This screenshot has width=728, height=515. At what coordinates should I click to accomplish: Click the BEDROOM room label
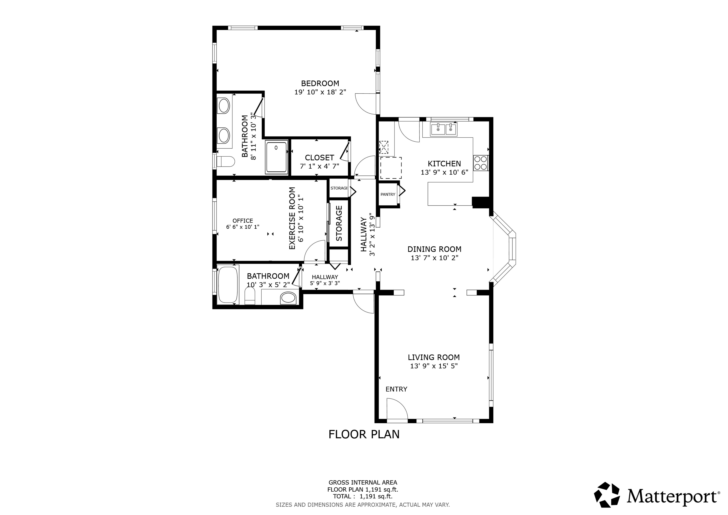[320, 83]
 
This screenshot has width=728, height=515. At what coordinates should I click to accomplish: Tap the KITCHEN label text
[444, 164]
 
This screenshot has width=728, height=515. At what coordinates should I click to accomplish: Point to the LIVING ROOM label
[434, 357]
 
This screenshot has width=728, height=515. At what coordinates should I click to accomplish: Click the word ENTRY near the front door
[396, 389]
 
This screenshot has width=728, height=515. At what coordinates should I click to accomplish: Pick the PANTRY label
[388, 194]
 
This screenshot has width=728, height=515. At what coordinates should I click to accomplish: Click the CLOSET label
[319, 158]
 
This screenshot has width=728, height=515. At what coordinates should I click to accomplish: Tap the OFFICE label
[243, 221]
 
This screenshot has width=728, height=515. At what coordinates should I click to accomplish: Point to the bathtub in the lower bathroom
[228, 285]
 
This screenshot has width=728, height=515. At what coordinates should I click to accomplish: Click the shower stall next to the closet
[276, 157]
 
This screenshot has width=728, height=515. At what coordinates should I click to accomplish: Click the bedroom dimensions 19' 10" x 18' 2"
[320, 92]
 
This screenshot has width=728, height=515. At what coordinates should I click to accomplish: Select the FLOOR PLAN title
[364, 434]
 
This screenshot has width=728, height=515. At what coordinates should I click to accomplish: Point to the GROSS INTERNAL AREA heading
[363, 483]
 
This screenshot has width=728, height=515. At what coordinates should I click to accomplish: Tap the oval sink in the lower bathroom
[288, 298]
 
